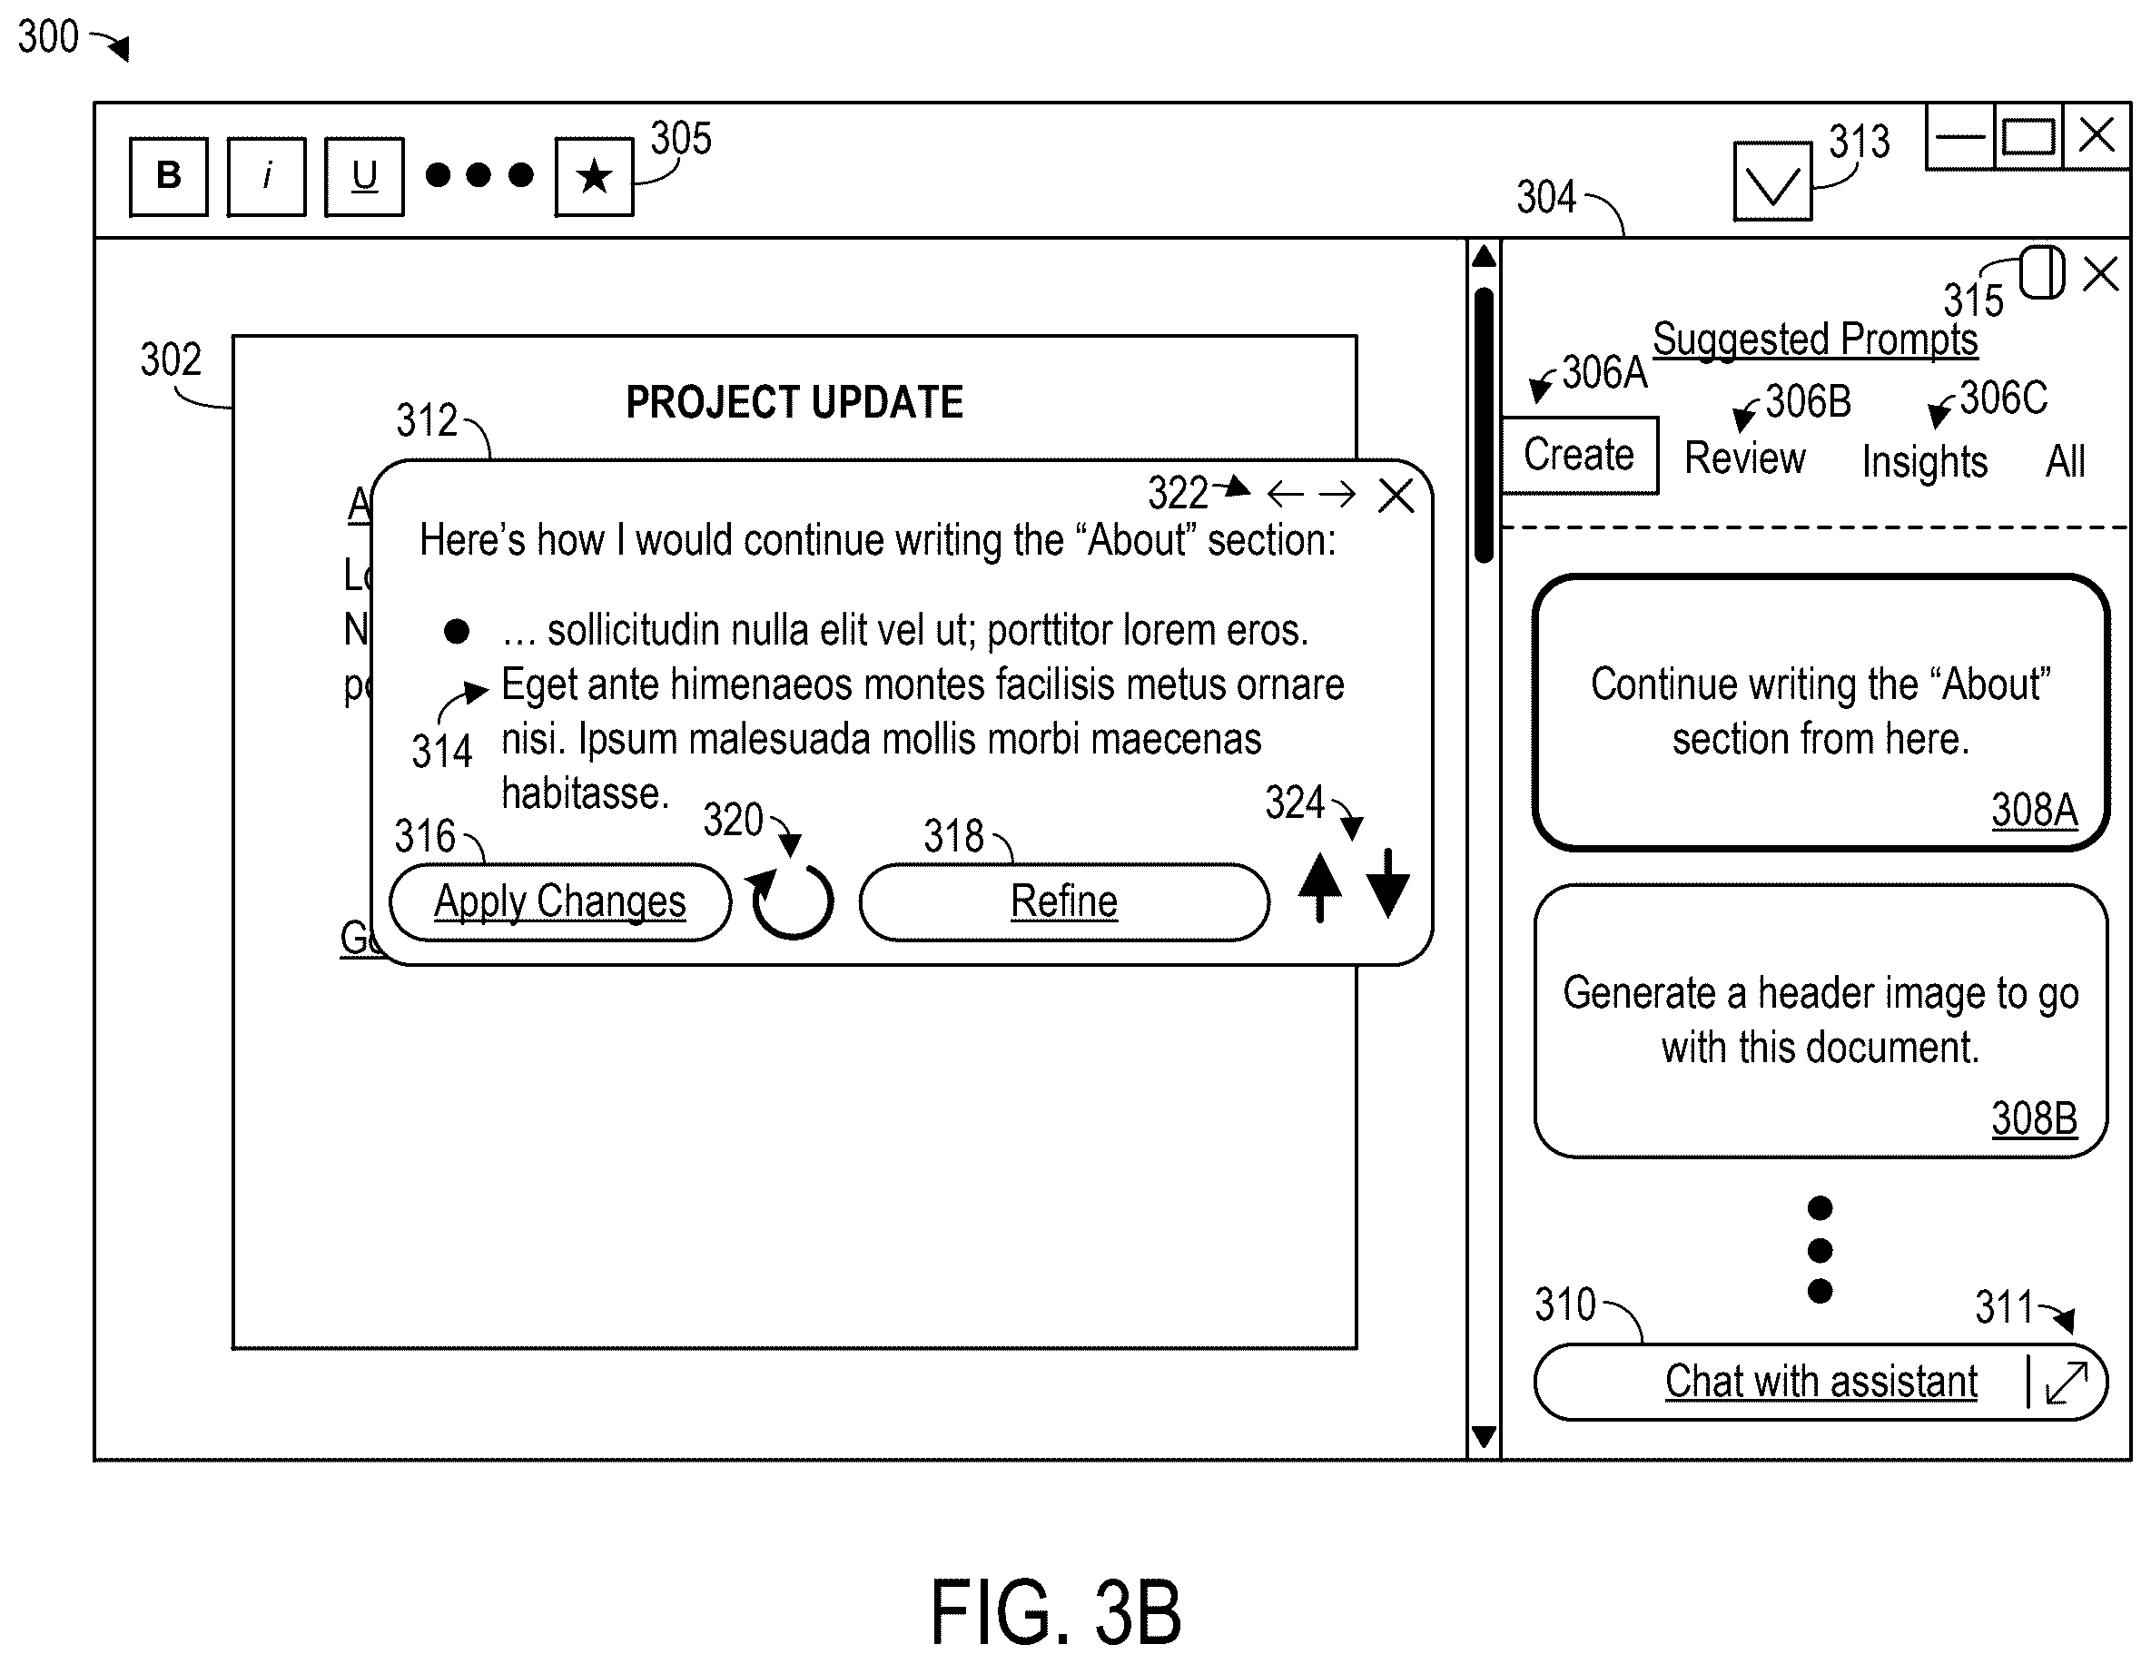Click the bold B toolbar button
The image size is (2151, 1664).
click(x=168, y=176)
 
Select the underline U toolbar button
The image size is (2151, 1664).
click(x=363, y=176)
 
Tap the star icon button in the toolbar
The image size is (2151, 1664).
click(x=594, y=176)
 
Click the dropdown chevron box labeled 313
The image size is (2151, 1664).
click(x=1771, y=182)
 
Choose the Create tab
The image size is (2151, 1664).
click(x=1579, y=455)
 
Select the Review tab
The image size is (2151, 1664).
click(x=1744, y=458)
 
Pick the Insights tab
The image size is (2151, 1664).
click(x=1923, y=461)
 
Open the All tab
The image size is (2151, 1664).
click(x=2066, y=461)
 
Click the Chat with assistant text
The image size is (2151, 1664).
click(x=1821, y=1381)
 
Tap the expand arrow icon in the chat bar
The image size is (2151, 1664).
click(x=2067, y=1383)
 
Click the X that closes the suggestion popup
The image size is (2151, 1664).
click(x=1396, y=496)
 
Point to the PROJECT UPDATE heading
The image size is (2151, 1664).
click(x=794, y=402)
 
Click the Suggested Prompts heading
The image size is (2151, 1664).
click(x=1814, y=339)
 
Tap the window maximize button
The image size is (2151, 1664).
click(x=2028, y=137)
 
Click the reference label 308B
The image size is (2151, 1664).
click(x=2034, y=1118)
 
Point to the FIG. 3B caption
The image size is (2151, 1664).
click(x=1056, y=1612)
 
